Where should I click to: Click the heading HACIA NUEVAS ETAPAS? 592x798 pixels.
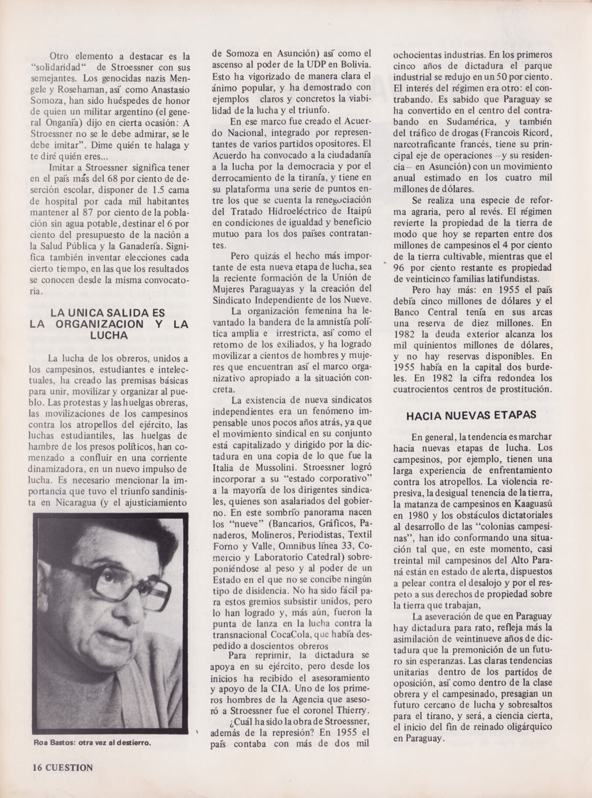471,415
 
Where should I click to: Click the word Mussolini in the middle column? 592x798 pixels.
276,466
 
